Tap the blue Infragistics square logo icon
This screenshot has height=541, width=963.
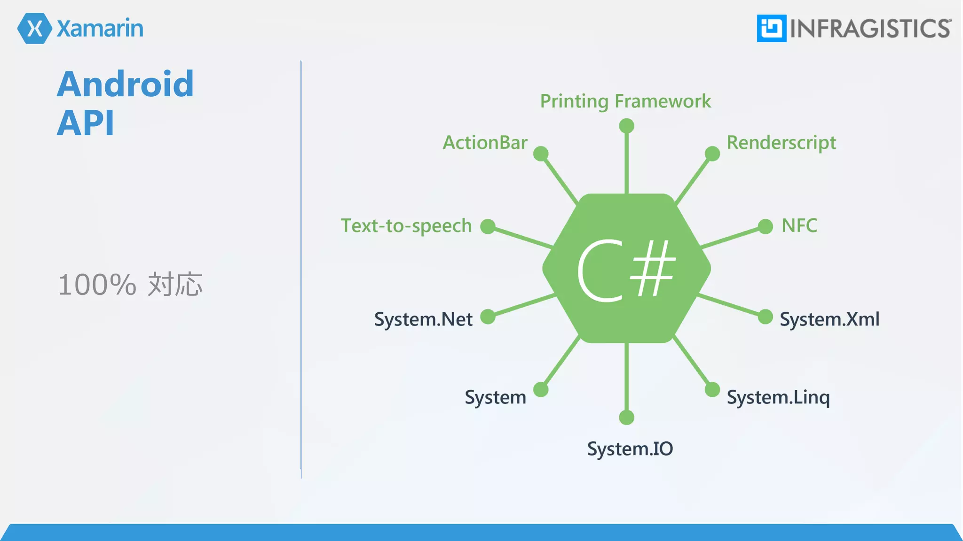click(x=771, y=29)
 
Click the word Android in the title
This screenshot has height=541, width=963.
click(x=125, y=84)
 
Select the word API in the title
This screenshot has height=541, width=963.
click(x=86, y=123)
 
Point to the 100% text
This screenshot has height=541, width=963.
click(x=97, y=285)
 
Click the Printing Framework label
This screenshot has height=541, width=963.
click(x=625, y=101)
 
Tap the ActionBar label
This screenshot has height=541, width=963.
click(x=485, y=143)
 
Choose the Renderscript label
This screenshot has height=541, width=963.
click(x=781, y=143)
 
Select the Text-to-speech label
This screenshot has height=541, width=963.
click(x=406, y=226)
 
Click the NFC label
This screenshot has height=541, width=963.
click(x=799, y=226)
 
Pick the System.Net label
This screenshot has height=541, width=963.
click(x=423, y=319)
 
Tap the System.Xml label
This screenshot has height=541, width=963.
click(x=829, y=319)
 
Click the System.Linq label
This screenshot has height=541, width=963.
click(x=778, y=397)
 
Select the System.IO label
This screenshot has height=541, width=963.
click(x=630, y=449)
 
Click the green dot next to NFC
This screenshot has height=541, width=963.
click(x=765, y=226)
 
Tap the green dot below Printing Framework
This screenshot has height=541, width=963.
click(x=626, y=126)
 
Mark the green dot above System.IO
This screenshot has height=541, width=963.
click(x=626, y=417)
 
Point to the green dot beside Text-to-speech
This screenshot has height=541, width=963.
click(x=488, y=226)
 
